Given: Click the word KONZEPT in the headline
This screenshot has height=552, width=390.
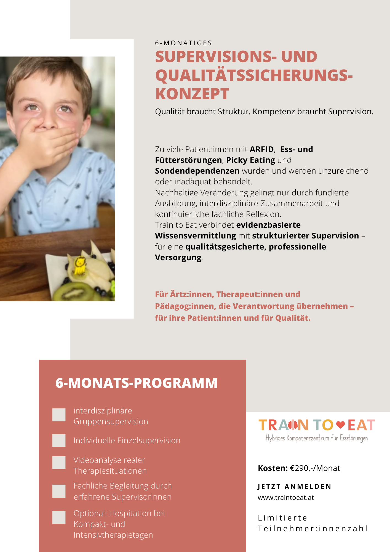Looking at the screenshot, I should tap(192, 94).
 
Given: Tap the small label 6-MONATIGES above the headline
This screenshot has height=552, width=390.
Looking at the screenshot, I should tap(183, 43).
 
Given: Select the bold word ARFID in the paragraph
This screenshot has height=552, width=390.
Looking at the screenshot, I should tap(261, 149).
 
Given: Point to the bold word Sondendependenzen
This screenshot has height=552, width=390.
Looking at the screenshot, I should tap(197, 171).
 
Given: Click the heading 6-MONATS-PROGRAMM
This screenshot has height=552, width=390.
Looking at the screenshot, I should tap(136, 383).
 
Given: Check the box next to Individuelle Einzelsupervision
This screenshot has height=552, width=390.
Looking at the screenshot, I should tap(59, 440).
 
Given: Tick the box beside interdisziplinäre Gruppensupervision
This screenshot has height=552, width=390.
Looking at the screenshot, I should tap(59, 415).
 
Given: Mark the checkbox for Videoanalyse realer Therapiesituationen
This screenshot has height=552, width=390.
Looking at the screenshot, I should tap(59, 463).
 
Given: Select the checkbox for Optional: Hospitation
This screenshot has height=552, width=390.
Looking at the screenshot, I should tap(59, 517).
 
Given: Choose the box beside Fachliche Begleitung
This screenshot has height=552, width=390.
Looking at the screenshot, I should tap(59, 491).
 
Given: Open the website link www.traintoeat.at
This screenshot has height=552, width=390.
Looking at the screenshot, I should tap(286, 498).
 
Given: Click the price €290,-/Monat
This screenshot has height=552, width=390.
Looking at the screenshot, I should tap(315, 468).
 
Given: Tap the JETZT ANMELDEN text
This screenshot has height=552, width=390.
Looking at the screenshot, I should tap(294, 487).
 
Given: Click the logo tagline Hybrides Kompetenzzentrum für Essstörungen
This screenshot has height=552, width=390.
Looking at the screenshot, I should tap(316, 438).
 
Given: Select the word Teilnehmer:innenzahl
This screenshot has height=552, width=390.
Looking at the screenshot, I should tap(312, 529).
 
